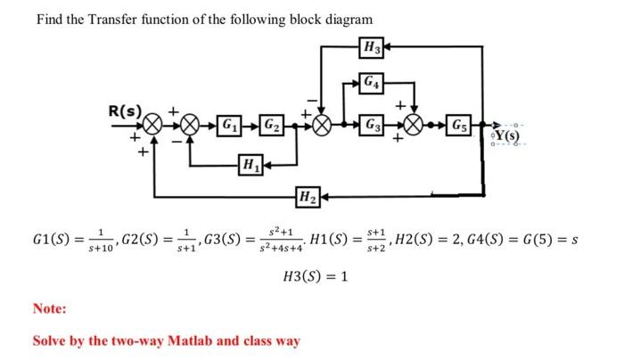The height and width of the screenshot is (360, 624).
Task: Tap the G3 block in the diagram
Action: tap(369, 123)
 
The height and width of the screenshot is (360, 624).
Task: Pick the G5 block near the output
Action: tap(459, 123)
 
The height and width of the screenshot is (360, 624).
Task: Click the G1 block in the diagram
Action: tap(230, 124)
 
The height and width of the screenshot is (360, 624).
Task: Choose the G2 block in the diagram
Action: tap(269, 124)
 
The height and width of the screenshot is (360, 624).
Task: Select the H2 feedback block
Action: tap(307, 197)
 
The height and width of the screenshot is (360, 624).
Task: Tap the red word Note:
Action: tap(51, 308)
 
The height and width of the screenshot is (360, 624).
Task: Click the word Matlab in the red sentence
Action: tap(193, 340)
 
